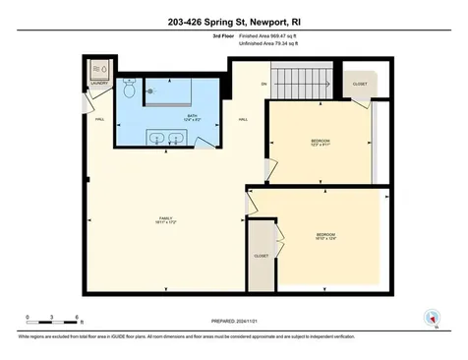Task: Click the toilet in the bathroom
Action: click(x=130, y=90)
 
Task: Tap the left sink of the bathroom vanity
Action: click(x=156, y=137)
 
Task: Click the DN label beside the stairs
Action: click(x=263, y=85)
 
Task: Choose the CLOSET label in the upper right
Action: click(x=360, y=85)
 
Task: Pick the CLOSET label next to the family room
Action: click(x=261, y=256)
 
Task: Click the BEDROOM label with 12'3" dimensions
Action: click(x=321, y=144)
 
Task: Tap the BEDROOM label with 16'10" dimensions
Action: click(x=325, y=235)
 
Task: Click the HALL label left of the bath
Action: click(x=99, y=120)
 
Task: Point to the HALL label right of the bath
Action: click(x=243, y=120)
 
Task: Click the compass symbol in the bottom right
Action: click(x=428, y=317)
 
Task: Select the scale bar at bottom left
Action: click(x=53, y=322)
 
